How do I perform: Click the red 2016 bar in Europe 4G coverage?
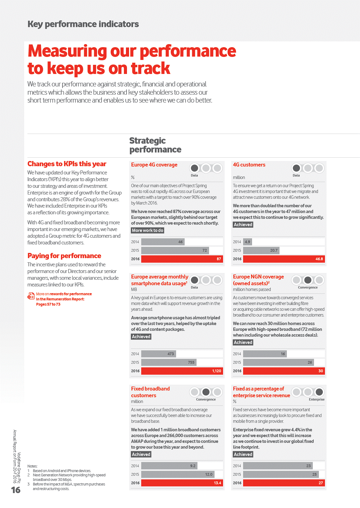tap(182, 259)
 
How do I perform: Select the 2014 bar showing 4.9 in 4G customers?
tap(247, 242)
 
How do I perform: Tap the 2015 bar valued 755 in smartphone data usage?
tap(169, 363)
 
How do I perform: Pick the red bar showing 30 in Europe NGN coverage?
tap(284, 371)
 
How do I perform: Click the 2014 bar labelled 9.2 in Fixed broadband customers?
tap(169, 466)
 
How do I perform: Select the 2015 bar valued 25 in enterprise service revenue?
tap(281, 475)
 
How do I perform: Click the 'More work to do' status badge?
tap(148, 230)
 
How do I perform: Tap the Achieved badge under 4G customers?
tap(243, 225)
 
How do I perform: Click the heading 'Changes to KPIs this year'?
tap(67, 164)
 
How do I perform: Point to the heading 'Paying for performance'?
tap(64, 256)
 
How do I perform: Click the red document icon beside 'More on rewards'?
tap(31, 296)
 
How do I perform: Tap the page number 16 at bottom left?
tap(16, 490)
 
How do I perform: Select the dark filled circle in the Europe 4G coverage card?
tap(194, 168)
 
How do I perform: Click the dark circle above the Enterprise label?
tap(319, 392)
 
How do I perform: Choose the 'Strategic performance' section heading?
tap(155, 145)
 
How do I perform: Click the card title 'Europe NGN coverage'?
tap(258, 277)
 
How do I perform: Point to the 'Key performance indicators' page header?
tap(83, 24)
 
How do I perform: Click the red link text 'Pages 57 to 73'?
tap(48, 304)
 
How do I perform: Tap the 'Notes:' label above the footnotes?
tap(32, 466)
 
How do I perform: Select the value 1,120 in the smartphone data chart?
tap(217, 371)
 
